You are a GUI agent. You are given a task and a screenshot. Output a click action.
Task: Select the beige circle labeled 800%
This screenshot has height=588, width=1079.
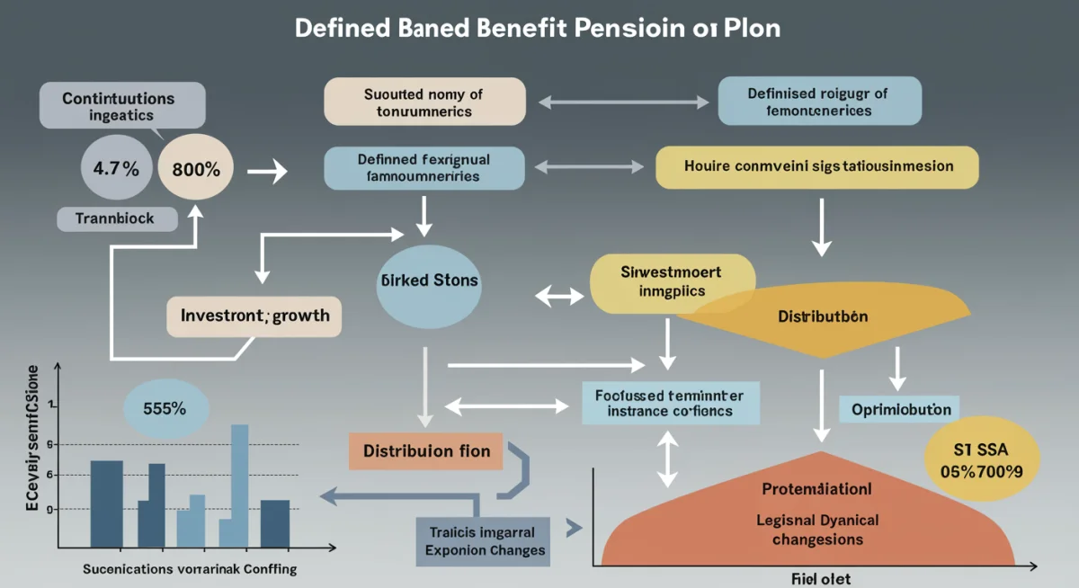(x=193, y=168)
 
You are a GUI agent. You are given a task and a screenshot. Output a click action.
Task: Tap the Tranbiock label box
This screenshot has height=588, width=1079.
(x=117, y=218)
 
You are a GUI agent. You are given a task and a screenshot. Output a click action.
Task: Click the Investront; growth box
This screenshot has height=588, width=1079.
(x=254, y=316)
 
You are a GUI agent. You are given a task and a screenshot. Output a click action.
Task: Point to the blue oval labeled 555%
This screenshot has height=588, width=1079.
(x=165, y=407)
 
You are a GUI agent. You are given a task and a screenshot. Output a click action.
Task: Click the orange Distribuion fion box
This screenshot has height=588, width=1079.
(x=426, y=450)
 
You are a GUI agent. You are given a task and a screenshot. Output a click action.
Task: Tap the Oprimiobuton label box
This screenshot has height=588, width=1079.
(x=901, y=409)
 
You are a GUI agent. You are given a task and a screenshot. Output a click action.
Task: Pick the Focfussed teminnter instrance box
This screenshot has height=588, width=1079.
(x=670, y=403)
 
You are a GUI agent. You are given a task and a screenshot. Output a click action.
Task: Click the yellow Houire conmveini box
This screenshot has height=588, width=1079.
(x=817, y=167)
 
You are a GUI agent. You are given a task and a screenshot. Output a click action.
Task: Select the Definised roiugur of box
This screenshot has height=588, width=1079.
(x=819, y=101)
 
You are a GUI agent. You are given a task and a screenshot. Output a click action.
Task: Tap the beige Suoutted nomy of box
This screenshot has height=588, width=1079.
(x=424, y=101)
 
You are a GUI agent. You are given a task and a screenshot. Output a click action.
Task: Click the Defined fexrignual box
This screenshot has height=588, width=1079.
(x=424, y=167)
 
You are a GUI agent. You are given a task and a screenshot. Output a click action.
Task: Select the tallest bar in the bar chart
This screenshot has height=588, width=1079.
(x=239, y=485)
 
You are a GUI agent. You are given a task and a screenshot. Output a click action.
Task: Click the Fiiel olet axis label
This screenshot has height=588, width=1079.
(x=821, y=578)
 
